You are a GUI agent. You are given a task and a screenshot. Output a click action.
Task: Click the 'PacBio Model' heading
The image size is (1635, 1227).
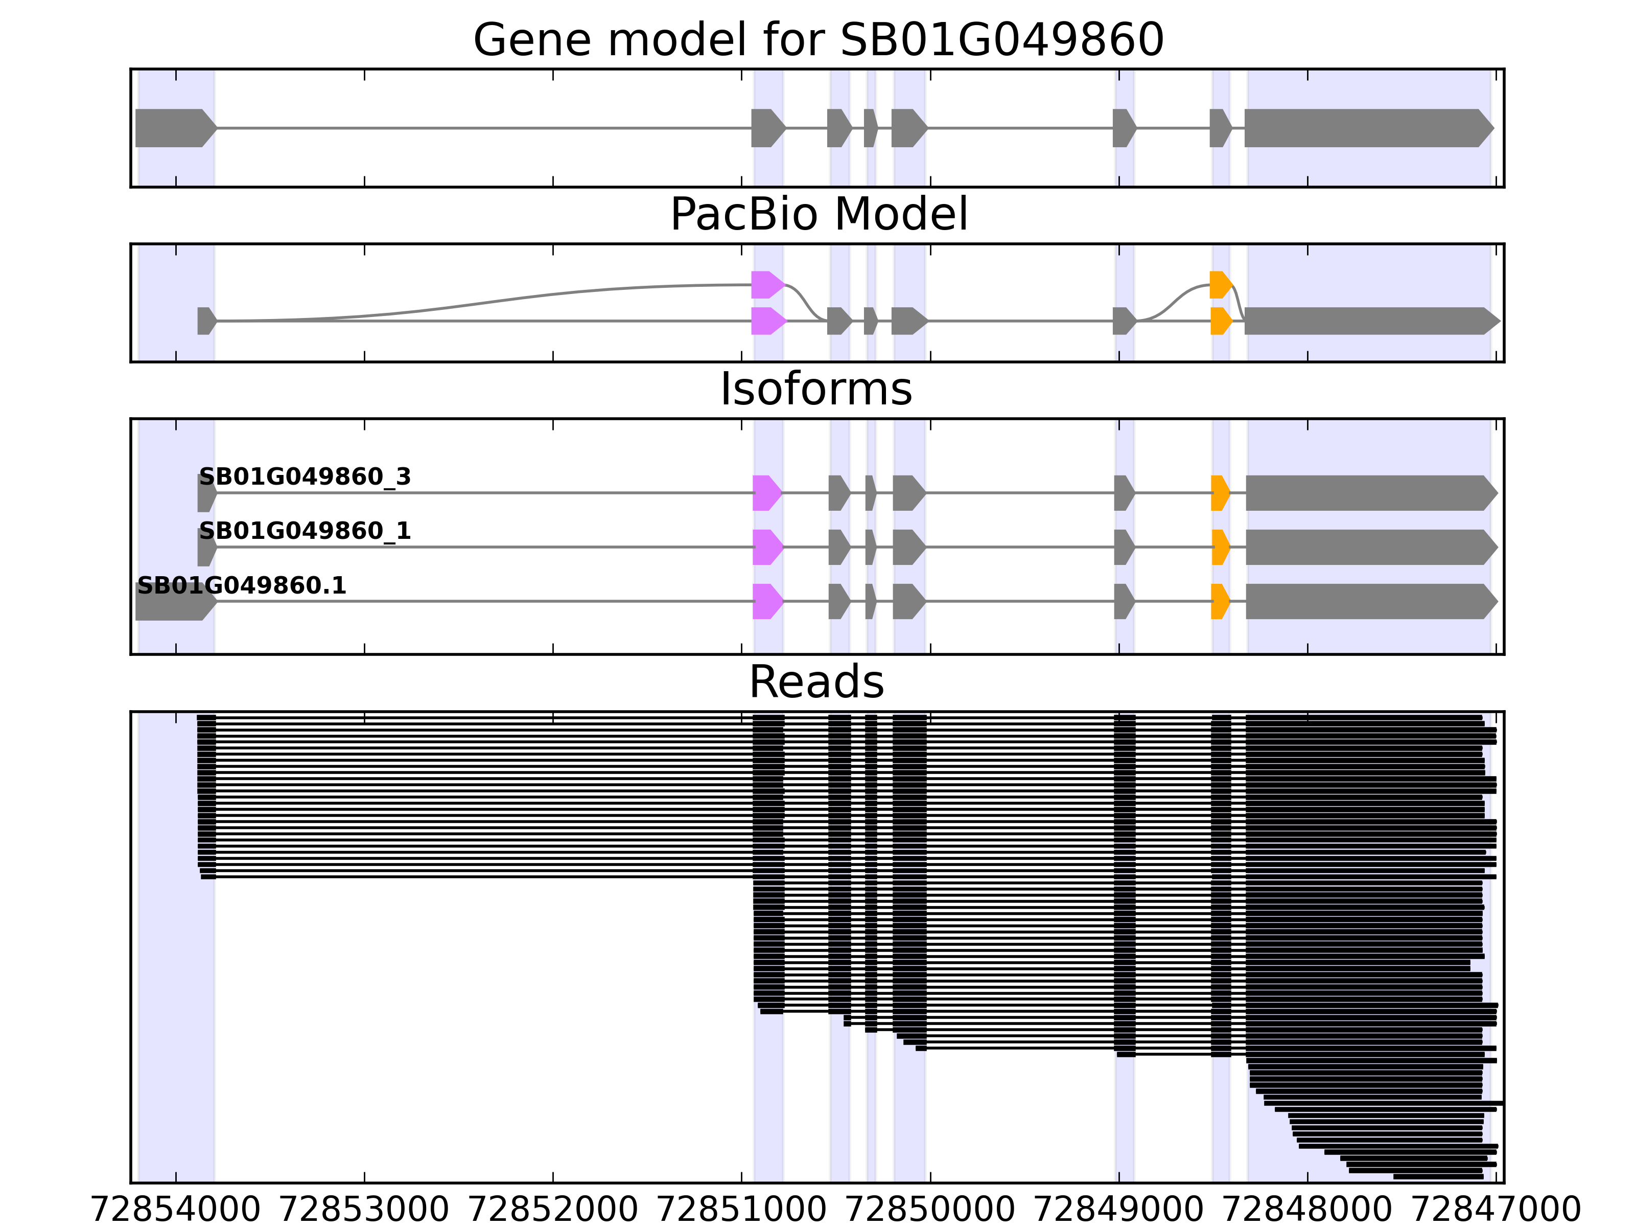coord(818,215)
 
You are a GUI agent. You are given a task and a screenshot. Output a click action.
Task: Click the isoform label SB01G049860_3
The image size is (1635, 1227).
coord(305,477)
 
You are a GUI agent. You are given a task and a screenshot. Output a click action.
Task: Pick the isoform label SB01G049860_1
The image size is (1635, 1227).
coord(305,531)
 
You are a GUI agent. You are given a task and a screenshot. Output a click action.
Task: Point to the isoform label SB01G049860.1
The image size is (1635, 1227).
coord(242,586)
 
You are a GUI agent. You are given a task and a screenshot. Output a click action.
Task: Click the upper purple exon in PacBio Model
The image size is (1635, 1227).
coord(766,285)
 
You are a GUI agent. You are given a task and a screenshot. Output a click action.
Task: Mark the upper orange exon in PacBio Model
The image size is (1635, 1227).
coord(1220,285)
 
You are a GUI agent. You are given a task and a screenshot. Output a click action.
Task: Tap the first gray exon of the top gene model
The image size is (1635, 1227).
coord(174,128)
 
